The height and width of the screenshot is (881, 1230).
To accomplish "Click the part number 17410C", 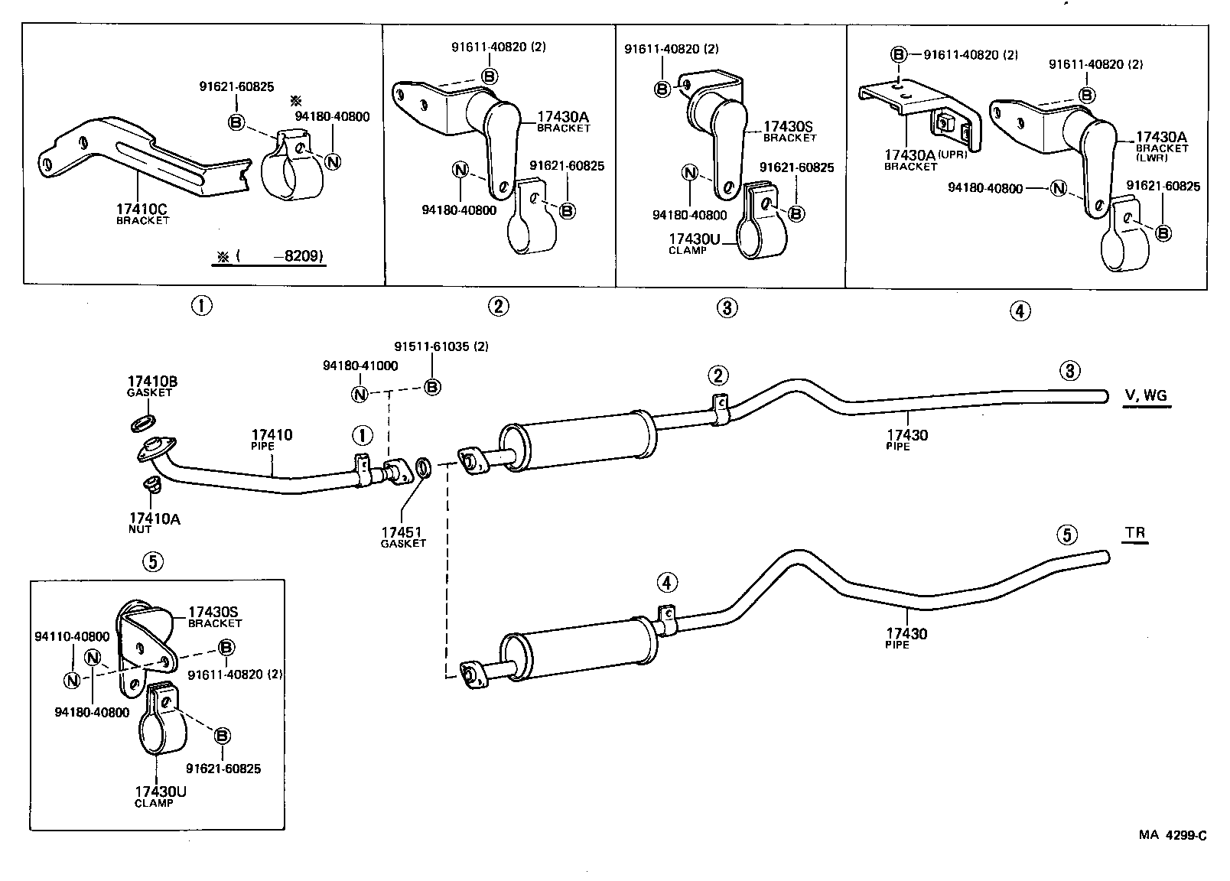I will point(142,208).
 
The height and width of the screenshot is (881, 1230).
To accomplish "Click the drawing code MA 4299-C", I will point(1172,835).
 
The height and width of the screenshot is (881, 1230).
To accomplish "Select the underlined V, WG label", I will point(1146,395).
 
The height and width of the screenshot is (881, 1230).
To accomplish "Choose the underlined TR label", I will point(1136,532).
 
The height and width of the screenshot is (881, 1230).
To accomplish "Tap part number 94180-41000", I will point(360,366).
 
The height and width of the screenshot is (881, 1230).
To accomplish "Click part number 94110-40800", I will point(72,636).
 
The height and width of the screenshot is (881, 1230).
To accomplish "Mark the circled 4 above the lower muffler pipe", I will point(667,584).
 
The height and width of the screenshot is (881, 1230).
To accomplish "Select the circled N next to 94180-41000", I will point(360,394).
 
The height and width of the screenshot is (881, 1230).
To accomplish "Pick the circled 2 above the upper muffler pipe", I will point(717,375).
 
